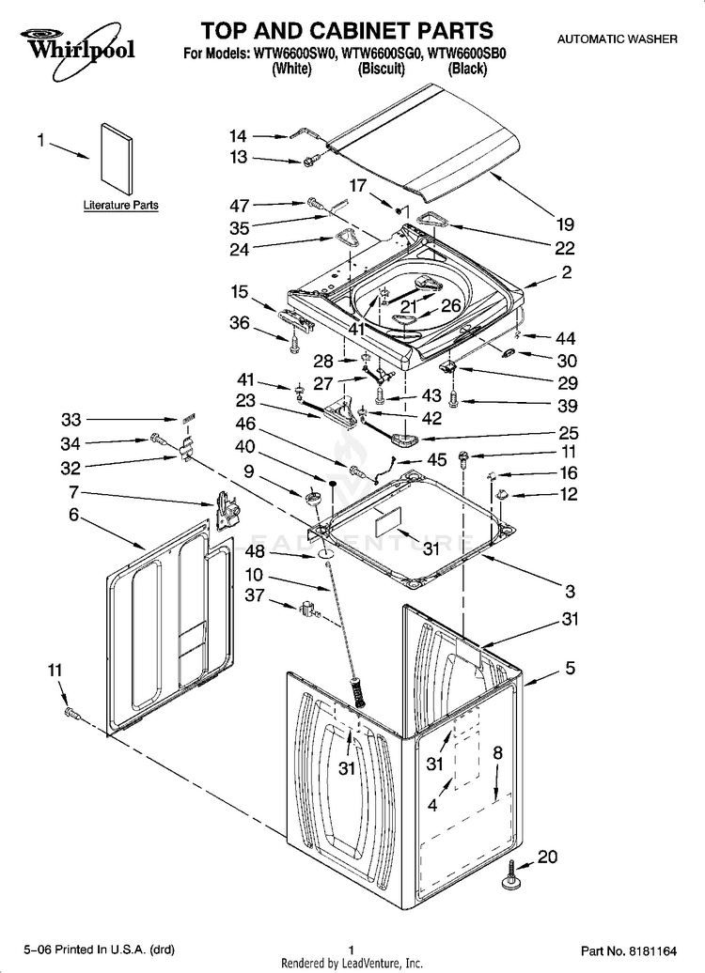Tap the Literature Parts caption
[120, 205]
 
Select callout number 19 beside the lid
[564, 224]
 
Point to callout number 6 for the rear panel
[72, 515]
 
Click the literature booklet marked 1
[115, 155]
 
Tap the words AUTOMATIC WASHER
[618, 39]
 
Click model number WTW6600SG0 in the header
[378, 54]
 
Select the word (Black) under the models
[465, 69]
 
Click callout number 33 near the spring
[72, 419]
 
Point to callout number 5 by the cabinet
[570, 669]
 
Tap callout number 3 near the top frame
[570, 592]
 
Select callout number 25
[568, 433]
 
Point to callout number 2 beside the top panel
[567, 273]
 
